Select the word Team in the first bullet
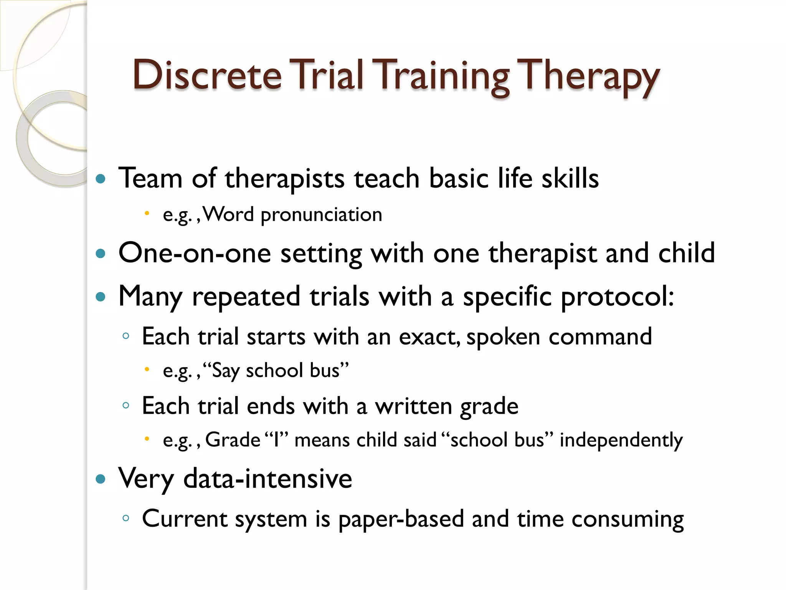[x=150, y=179]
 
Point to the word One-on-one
[x=195, y=254]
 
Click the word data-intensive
[x=268, y=479]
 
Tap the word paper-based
[x=401, y=520]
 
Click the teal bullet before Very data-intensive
[x=101, y=479]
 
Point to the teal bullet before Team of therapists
[x=101, y=179]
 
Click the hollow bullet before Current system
[x=125, y=518]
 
